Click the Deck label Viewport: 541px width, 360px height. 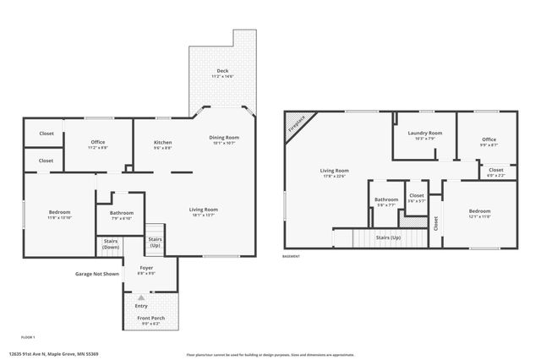(222, 70)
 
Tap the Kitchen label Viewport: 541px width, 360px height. (162, 142)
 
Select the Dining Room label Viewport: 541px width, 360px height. (225, 137)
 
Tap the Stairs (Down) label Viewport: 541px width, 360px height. (111, 244)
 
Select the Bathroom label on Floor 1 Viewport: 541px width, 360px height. (122, 213)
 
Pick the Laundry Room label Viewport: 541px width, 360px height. (424, 133)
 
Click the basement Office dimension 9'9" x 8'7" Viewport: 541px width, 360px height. (489, 145)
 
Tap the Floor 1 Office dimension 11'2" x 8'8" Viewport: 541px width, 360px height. (99, 147)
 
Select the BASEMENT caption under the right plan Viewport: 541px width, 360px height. (292, 256)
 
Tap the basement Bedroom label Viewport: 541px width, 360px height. (479, 210)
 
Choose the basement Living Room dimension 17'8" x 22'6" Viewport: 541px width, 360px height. (334, 177)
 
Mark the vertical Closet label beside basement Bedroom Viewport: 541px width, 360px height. (435, 223)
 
